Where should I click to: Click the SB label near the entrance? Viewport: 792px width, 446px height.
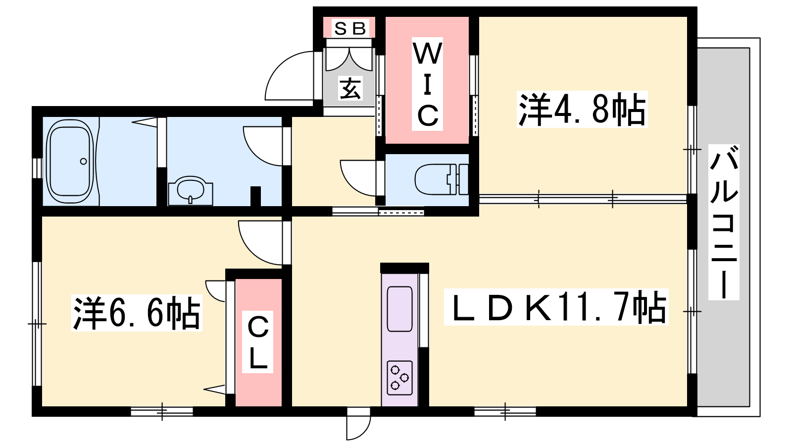pos(349,28)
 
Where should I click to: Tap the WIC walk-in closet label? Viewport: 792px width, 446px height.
pos(427,84)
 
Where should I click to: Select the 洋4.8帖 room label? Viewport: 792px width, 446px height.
pos(582,109)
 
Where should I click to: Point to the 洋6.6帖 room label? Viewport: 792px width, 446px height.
pos(137,313)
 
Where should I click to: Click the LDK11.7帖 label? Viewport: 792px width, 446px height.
pos(556,307)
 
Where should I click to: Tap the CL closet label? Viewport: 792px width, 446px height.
pos(257,341)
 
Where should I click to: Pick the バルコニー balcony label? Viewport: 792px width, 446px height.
pos(724,222)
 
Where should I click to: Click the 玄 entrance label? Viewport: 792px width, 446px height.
pos(350,88)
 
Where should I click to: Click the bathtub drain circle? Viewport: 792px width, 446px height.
pos(84,162)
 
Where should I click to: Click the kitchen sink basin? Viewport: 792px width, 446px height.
pos(400,309)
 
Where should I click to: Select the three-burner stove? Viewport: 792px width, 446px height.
pos(400,378)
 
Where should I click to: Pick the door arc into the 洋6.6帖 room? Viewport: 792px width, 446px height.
pos(260,243)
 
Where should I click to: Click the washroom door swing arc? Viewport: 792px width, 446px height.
pos(262,146)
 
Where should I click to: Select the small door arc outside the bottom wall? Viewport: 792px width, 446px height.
pos(358,428)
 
